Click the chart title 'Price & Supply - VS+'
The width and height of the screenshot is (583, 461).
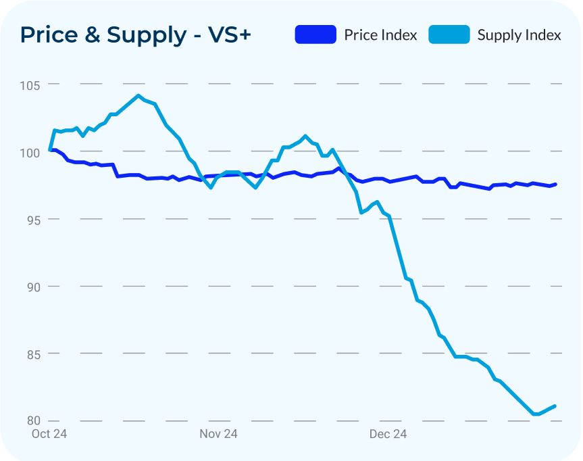click(x=135, y=34)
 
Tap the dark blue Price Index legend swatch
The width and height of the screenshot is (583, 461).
click(x=315, y=34)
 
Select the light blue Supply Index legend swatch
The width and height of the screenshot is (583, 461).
click(x=449, y=34)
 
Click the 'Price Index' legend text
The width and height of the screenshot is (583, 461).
click(x=380, y=35)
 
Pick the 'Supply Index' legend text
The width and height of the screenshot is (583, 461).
click(x=519, y=35)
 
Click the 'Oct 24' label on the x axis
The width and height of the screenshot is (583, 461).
click(x=49, y=434)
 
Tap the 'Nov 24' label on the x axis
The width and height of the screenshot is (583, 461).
click(x=218, y=434)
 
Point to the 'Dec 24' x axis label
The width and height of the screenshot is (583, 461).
click(x=388, y=434)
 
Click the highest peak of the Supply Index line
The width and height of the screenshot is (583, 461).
click(x=138, y=95)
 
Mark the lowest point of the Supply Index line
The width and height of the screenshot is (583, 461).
click(x=535, y=414)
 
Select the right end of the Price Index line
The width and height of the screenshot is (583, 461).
click(x=555, y=184)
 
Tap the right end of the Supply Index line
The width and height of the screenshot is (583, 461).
click(x=555, y=406)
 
